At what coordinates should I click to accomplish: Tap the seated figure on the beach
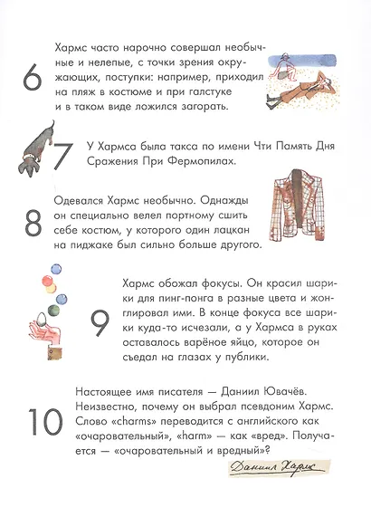[289, 63]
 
